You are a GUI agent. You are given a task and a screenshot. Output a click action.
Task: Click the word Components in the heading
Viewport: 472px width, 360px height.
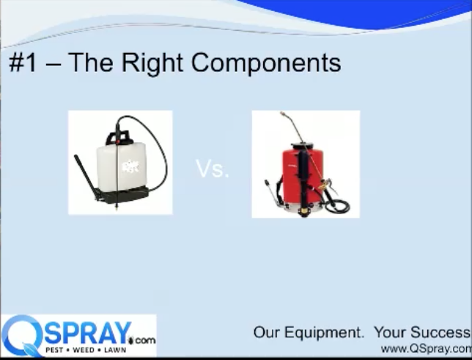tap(266, 62)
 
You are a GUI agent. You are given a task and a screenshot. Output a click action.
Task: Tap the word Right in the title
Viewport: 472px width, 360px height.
tap(152, 63)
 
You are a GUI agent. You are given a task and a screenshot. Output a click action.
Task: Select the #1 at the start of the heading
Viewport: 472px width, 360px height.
tap(23, 62)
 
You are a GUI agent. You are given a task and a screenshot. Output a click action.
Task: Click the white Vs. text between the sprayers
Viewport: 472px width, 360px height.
tap(213, 169)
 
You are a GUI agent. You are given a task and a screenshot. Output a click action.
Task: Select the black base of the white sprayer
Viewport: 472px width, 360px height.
tap(124, 195)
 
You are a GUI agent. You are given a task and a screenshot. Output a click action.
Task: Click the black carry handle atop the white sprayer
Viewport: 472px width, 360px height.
tap(119, 137)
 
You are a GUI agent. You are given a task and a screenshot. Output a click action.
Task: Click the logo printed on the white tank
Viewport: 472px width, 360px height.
tap(130, 166)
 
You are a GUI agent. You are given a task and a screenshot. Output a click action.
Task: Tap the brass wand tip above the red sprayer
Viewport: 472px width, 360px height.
tap(283, 114)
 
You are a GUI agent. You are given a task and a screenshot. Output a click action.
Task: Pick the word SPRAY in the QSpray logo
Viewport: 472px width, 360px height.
tap(88, 334)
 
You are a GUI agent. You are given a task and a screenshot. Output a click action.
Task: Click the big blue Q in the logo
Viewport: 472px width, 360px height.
tap(22, 335)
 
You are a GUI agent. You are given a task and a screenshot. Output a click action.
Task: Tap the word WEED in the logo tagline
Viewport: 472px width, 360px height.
tap(84, 350)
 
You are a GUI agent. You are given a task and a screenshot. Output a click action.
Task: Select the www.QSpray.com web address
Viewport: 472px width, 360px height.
tap(426, 349)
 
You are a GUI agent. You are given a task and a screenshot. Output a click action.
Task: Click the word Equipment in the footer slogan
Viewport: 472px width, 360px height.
tap(324, 333)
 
